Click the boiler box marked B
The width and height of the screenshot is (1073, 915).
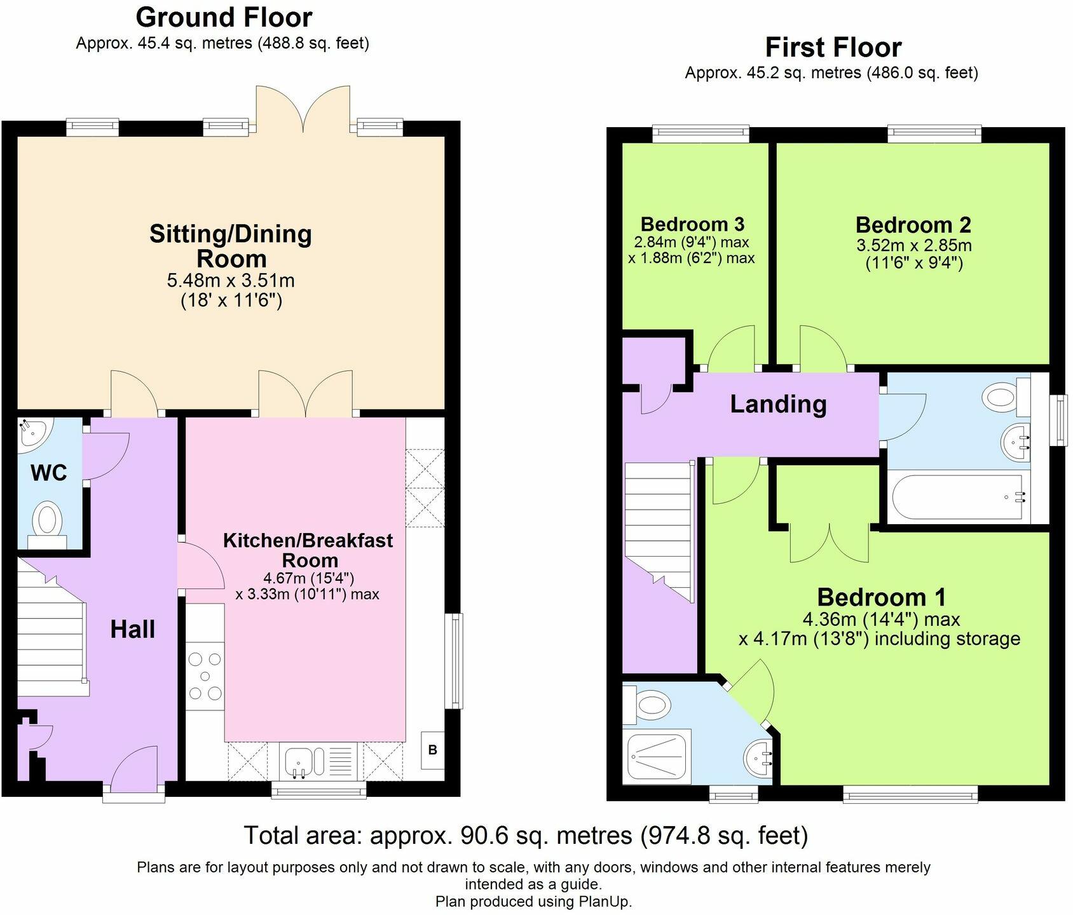(x=433, y=750)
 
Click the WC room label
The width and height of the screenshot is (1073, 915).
(x=49, y=473)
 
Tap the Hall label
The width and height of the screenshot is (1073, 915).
(x=133, y=629)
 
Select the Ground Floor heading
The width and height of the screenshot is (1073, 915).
(x=224, y=17)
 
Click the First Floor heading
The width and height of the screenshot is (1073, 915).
(x=833, y=47)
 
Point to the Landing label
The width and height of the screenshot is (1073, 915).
(x=778, y=404)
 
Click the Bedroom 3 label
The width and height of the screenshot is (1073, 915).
(x=692, y=224)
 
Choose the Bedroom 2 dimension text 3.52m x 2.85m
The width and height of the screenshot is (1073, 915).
(x=913, y=245)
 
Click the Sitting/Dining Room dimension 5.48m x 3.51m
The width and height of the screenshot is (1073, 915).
(x=231, y=280)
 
